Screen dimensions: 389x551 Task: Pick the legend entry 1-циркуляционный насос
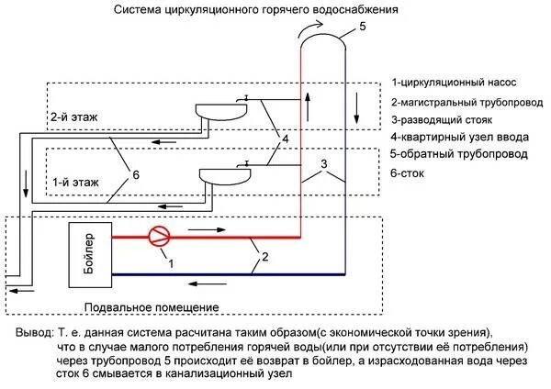[454, 83]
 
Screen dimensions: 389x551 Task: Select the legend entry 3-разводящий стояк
[444, 119]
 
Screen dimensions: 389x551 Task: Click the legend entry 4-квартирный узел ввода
[456, 137]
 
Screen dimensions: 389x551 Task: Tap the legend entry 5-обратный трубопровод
[458, 153]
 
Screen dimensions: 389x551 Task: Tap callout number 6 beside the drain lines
[136, 173]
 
